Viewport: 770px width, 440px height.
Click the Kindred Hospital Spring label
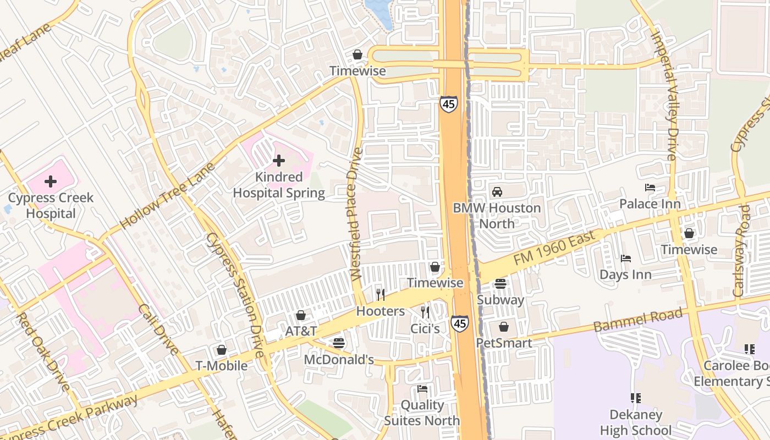tap(279, 185)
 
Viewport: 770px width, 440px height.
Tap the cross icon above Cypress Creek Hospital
tap(51, 181)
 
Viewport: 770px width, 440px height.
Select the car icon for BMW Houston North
tap(497, 191)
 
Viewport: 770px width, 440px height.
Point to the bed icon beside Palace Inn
tap(650, 188)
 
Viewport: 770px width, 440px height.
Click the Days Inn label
tap(625, 274)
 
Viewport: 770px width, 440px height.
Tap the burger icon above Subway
tap(501, 284)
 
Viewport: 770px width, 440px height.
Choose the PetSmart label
tap(504, 343)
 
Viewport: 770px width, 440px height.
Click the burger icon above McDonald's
tap(339, 343)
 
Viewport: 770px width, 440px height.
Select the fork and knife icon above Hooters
tap(380, 295)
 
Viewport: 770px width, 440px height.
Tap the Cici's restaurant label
tap(425, 329)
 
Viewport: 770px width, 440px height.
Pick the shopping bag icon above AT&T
tap(301, 315)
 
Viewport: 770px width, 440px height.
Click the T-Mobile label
tap(222, 366)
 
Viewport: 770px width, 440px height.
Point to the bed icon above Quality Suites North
tap(422, 389)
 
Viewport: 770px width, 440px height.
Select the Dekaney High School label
tap(636, 422)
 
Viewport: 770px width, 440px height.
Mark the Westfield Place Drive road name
tap(356, 215)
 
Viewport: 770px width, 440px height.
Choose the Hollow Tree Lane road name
tap(166, 195)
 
